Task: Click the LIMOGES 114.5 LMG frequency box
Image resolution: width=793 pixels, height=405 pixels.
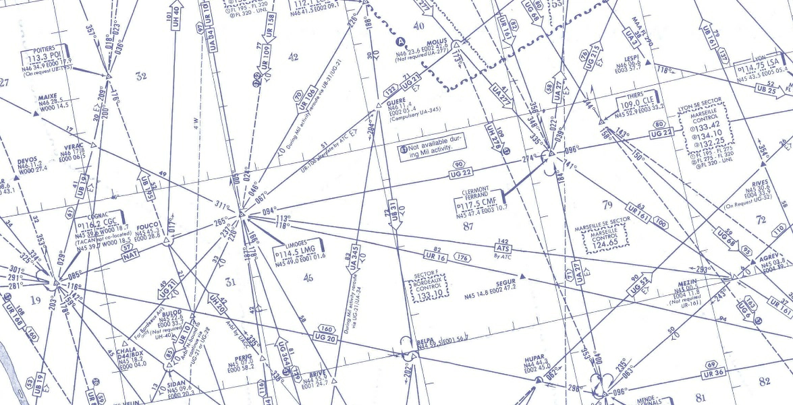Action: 298,251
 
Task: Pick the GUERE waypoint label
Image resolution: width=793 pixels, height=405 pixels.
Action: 396,102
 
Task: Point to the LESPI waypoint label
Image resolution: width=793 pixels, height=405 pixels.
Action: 631,58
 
